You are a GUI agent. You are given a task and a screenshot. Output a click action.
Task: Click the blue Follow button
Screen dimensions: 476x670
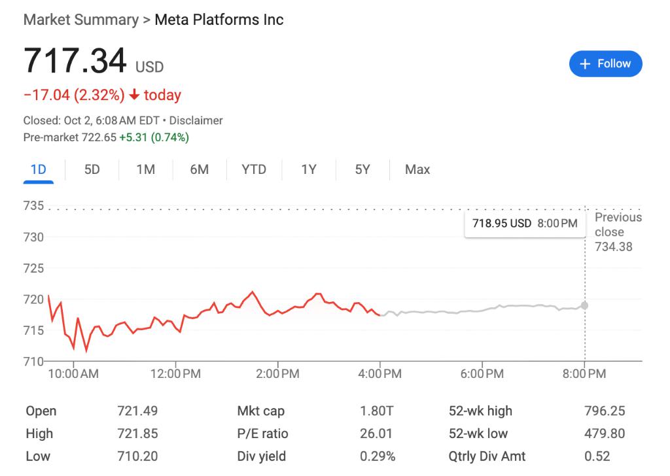605,64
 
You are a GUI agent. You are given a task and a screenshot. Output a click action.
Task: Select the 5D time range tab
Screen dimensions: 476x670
92,169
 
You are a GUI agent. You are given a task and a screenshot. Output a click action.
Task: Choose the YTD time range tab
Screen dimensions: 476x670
254,169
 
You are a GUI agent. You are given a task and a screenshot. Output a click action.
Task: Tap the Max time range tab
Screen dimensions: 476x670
417,169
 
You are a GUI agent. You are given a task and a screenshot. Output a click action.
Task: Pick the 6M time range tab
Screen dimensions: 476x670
200,169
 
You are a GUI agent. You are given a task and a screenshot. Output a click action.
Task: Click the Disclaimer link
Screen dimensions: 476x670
196,120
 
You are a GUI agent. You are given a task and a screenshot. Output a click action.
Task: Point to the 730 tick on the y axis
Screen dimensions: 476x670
34,237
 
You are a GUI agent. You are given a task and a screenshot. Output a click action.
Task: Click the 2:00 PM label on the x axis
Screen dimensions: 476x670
277,374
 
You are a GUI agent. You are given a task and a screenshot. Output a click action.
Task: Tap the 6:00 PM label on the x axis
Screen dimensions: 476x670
482,374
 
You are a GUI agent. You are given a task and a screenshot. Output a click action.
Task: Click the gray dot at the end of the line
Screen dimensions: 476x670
584,305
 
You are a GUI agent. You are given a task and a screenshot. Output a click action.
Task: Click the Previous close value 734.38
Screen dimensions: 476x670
613,246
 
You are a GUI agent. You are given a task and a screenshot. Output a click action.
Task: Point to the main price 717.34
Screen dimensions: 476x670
75,61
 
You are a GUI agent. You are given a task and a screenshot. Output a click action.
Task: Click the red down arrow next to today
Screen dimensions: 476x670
134,95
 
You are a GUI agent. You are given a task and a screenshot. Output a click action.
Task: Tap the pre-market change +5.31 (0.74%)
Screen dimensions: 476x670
154,137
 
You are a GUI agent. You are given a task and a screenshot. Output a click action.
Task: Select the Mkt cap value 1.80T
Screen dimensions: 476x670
377,411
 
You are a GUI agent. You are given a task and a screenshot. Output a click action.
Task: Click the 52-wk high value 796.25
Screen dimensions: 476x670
605,411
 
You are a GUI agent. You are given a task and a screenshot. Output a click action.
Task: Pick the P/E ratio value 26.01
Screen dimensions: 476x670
377,433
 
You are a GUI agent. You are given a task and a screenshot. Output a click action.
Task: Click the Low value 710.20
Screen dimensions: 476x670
137,456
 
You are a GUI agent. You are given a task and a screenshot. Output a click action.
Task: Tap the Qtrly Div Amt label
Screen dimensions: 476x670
487,456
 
